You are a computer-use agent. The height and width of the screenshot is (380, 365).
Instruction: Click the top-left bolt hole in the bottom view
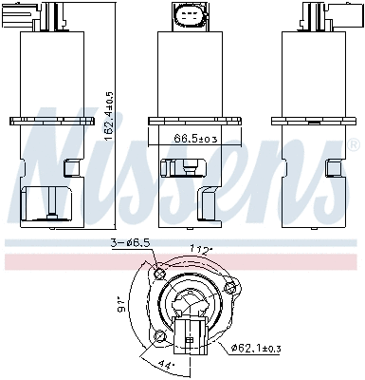point(158,276)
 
